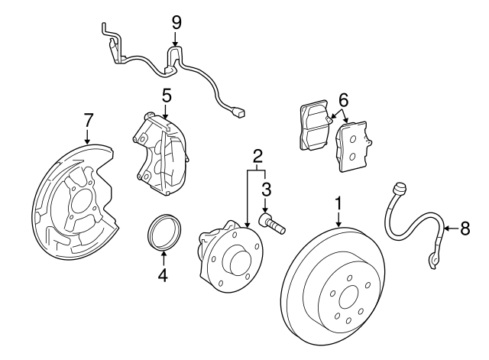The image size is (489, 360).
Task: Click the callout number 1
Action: (x=338, y=204)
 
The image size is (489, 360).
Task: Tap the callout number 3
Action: (x=266, y=187)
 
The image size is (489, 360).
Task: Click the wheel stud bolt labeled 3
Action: (x=273, y=223)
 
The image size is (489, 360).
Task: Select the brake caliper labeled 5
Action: (x=162, y=149)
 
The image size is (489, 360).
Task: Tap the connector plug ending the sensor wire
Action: (x=241, y=113)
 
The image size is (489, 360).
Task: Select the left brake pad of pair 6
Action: (x=313, y=124)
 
